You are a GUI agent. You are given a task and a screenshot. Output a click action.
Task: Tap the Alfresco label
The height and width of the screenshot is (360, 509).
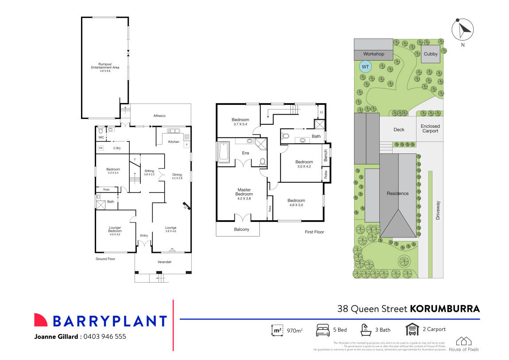(x=159, y=116)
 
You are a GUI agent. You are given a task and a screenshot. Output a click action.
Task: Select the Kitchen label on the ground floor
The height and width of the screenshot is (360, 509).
(x=174, y=142)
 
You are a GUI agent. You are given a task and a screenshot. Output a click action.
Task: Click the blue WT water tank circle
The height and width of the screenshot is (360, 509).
(x=365, y=67)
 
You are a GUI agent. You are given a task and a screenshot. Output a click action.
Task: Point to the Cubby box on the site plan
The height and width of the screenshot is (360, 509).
(x=431, y=54)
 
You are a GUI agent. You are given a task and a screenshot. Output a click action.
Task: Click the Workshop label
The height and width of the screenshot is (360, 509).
(x=374, y=54)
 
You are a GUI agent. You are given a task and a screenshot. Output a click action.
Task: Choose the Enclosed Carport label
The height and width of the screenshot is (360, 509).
(x=430, y=128)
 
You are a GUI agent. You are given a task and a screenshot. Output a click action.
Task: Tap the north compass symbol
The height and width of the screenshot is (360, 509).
(x=463, y=30)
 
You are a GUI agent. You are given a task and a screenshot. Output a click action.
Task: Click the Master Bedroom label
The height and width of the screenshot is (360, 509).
(x=244, y=192)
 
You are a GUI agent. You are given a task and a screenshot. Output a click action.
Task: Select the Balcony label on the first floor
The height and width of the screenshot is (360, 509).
(x=241, y=229)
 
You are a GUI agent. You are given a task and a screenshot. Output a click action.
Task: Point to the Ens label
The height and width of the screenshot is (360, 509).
(x=245, y=153)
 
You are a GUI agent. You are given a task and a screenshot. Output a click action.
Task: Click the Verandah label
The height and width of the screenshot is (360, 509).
(x=164, y=262)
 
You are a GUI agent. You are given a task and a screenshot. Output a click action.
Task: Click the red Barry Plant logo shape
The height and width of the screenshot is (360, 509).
(x=41, y=320)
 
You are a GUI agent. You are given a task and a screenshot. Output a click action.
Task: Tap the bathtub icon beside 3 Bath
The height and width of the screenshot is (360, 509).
(x=366, y=329)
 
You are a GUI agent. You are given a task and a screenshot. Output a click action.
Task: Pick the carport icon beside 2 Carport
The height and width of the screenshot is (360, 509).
(x=412, y=329)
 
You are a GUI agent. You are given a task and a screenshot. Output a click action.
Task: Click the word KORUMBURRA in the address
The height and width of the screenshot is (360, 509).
(x=445, y=308)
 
